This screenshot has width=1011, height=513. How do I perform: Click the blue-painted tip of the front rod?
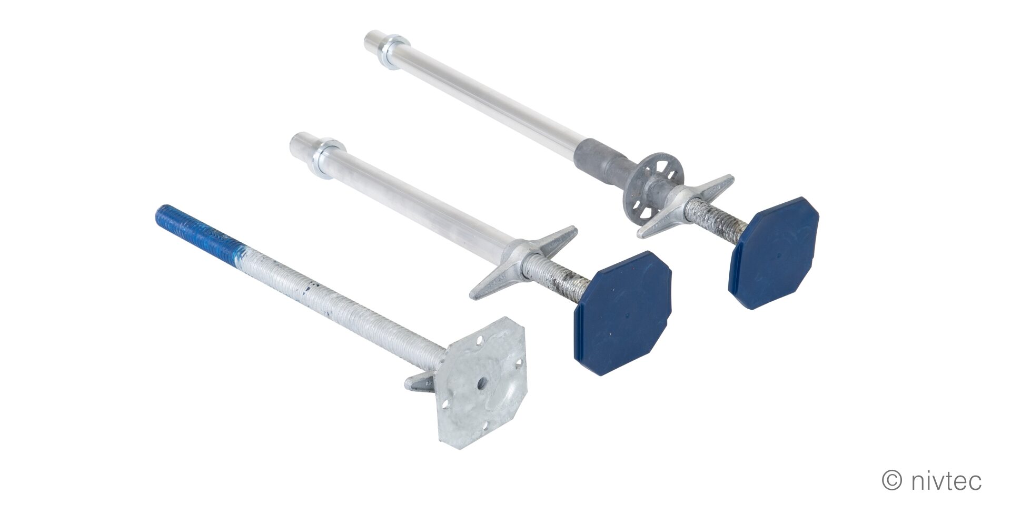coord(197,227)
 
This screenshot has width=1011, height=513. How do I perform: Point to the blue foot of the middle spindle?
coord(623,313)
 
